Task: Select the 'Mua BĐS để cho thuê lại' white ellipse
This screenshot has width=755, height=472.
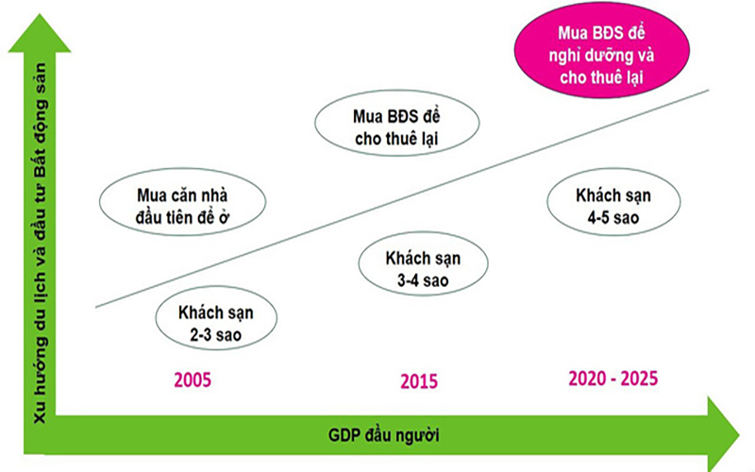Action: pyautogui.click(x=397, y=123)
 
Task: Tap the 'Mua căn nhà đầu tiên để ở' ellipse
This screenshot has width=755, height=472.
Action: pyautogui.click(x=182, y=202)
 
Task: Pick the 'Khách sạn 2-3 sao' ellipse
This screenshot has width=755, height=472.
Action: pyautogui.click(x=216, y=318)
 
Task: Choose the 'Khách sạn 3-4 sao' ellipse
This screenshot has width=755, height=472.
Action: pyautogui.click(x=423, y=263)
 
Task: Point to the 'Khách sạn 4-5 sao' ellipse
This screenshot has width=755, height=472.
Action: pyautogui.click(x=613, y=202)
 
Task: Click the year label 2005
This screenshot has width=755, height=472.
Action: pyautogui.click(x=193, y=380)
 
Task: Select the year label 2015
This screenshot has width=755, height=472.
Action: pyautogui.click(x=419, y=381)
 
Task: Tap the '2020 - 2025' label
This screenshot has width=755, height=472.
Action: pyautogui.click(x=612, y=379)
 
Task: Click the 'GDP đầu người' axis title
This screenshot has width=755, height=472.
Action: pyautogui.click(x=384, y=435)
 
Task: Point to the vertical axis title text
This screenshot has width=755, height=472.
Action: pyautogui.click(x=41, y=244)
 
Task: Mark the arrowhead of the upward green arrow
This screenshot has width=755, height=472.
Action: pyautogui.click(x=40, y=33)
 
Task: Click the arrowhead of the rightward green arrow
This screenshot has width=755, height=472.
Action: pyautogui.click(x=723, y=435)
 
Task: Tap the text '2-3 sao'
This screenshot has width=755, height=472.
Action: pyautogui.click(x=216, y=335)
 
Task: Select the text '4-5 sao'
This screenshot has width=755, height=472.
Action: pyautogui.click(x=612, y=218)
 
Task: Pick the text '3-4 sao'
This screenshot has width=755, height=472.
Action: pyautogui.click(x=423, y=280)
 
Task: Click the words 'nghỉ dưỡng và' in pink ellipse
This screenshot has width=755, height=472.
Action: pyautogui.click(x=601, y=56)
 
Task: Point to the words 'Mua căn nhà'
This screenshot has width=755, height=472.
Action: pyautogui.click(x=182, y=195)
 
